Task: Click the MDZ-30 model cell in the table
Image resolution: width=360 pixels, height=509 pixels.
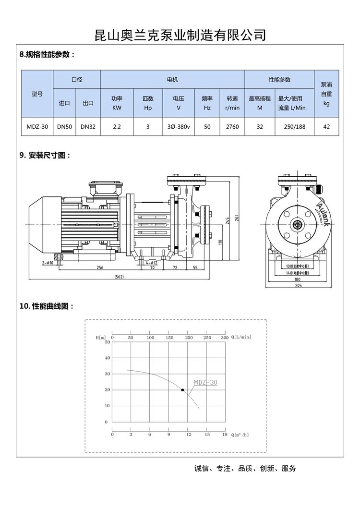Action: (36, 127)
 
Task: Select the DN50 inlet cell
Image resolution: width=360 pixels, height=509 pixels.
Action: (64, 127)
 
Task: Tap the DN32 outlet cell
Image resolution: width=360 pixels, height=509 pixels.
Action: (88, 127)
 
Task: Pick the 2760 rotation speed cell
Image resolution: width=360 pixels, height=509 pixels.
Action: (232, 127)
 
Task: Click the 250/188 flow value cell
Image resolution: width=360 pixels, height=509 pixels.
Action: (291, 127)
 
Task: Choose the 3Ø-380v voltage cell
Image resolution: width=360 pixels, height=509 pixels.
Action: (178, 127)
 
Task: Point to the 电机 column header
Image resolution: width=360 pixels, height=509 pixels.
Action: (172, 79)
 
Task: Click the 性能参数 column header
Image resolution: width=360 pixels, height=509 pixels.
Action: (279, 79)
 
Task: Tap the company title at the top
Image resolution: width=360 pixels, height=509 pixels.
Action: (180, 35)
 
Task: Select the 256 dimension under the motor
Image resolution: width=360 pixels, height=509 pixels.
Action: (100, 267)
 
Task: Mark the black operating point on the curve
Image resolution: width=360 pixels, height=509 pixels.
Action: (182, 389)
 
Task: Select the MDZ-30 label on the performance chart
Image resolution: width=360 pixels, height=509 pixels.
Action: (205, 382)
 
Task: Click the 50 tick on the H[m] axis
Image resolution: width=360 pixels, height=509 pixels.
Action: (107, 342)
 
